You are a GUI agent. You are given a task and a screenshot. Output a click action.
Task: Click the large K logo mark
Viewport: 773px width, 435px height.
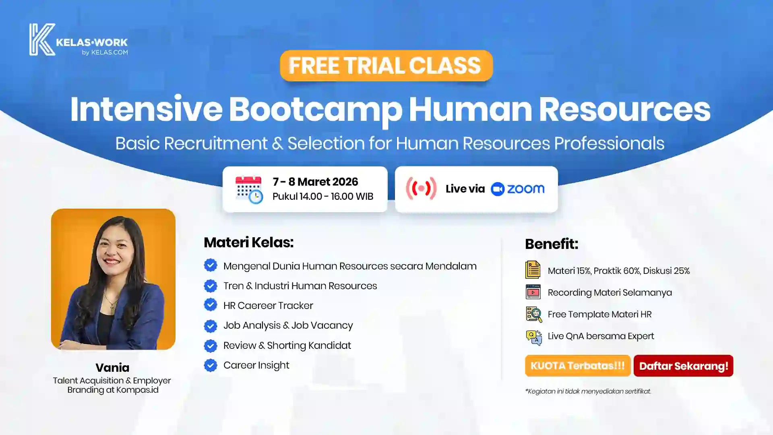(42, 39)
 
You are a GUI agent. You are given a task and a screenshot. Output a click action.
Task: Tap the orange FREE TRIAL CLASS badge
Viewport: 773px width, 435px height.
(386, 66)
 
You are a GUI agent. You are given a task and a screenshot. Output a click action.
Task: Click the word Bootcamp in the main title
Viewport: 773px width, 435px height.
(316, 110)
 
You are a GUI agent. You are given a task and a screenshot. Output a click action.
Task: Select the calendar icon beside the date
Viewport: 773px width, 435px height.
(249, 189)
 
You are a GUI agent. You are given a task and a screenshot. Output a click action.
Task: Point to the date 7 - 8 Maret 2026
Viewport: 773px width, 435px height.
(315, 182)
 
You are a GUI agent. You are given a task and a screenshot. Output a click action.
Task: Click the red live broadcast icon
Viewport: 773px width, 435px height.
(421, 188)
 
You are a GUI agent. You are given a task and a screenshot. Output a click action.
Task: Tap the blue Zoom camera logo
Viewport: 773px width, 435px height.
(498, 189)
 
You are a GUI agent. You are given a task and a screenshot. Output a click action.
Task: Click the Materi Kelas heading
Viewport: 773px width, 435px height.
(249, 242)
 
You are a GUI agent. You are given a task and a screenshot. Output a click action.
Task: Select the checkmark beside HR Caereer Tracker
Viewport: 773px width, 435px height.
(211, 305)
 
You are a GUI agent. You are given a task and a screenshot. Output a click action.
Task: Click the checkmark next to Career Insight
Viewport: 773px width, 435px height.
(211, 365)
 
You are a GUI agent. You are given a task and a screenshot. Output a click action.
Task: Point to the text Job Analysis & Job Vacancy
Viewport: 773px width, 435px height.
(288, 325)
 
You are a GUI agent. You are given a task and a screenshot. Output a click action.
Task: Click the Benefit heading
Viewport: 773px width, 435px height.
(552, 244)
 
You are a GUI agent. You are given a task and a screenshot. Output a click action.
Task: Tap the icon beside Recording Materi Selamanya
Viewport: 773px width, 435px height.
(533, 292)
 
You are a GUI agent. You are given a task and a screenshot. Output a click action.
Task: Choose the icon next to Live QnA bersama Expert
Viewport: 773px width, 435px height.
(534, 338)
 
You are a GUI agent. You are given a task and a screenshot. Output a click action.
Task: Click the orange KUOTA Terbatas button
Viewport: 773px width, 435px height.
(578, 366)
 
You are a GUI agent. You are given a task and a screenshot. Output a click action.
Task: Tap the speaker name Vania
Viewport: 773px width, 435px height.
(112, 367)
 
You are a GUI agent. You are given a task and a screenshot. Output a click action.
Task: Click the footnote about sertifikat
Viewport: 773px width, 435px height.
(588, 391)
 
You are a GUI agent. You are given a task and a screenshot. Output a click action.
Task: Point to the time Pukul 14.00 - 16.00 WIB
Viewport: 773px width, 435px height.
(323, 197)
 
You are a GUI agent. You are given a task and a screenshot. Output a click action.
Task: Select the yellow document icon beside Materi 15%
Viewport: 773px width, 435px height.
(533, 270)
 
